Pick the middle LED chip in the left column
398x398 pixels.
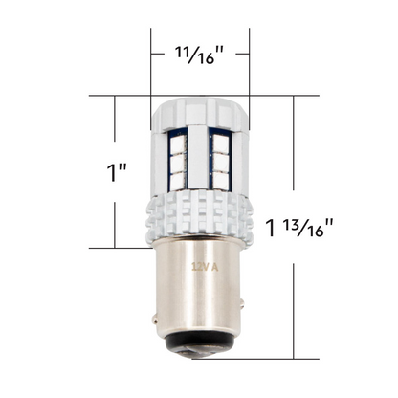tap(177, 162)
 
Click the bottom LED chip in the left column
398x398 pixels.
tap(177, 178)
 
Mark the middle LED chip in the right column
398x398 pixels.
tap(219, 162)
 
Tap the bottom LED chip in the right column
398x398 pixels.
tap(219, 178)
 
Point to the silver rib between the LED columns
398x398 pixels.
tap(198, 158)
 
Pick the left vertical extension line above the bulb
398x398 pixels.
tap(150, 57)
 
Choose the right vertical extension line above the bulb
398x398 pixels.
tap(249, 57)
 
